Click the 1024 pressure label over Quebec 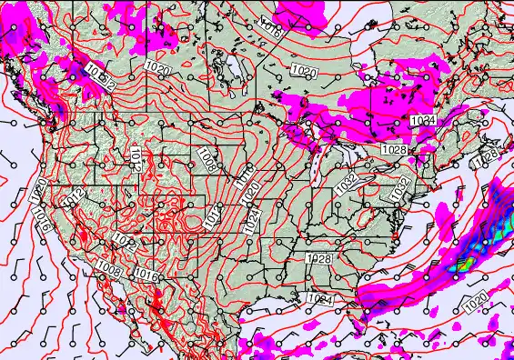(422, 120)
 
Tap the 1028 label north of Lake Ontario (394, 149)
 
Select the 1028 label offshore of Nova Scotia (489, 155)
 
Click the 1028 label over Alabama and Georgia (319, 259)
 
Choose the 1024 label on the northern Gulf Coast (320, 298)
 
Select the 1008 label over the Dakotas (208, 161)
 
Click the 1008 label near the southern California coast (108, 269)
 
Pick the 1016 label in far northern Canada (271, 27)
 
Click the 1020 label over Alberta (156, 68)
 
